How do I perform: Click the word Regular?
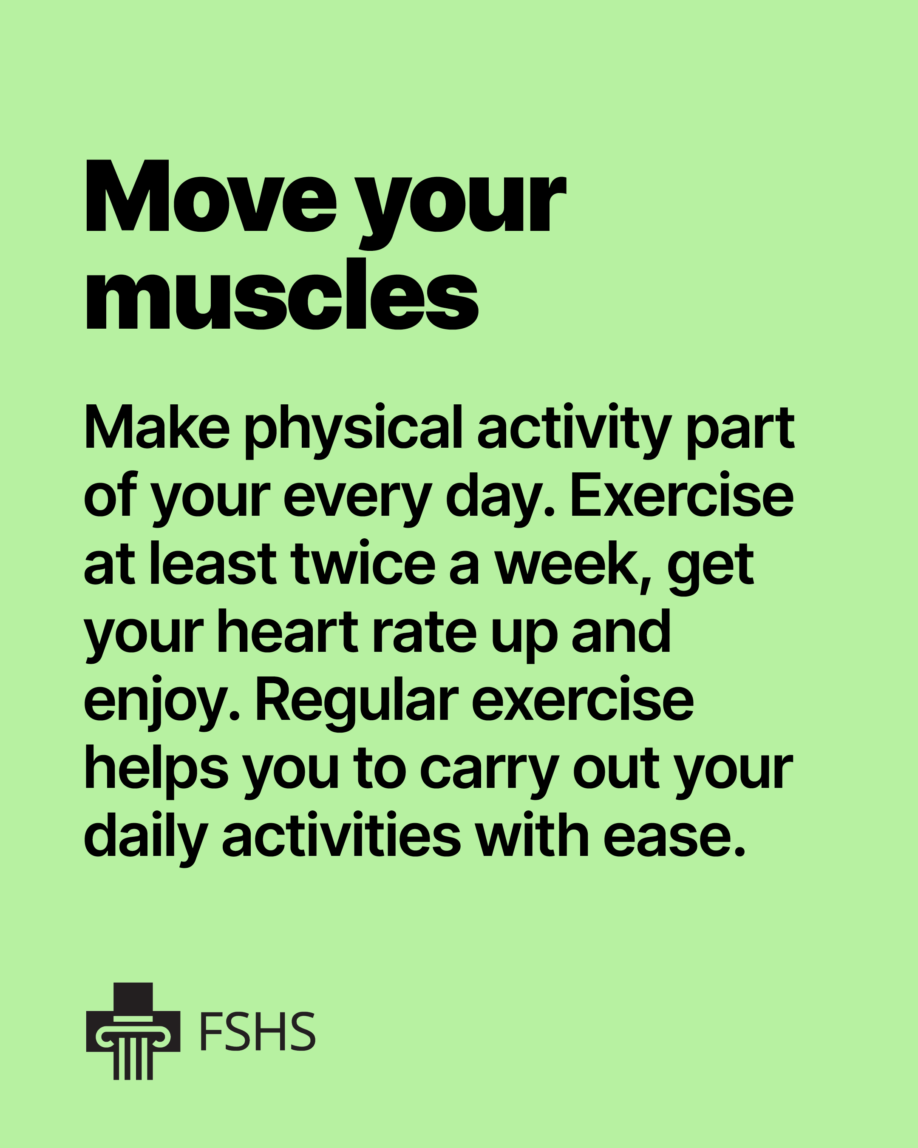357,702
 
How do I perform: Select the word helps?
156,770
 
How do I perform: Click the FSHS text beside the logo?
258,1032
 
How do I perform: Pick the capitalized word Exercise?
682,494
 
